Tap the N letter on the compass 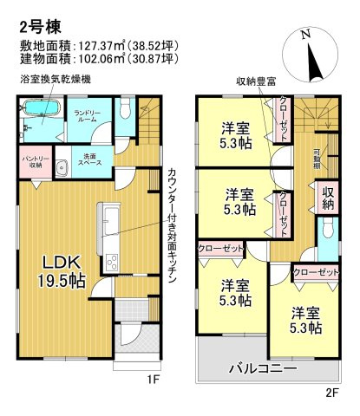(304, 35)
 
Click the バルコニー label (263, 368)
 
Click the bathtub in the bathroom (39, 111)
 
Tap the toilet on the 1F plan (124, 109)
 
